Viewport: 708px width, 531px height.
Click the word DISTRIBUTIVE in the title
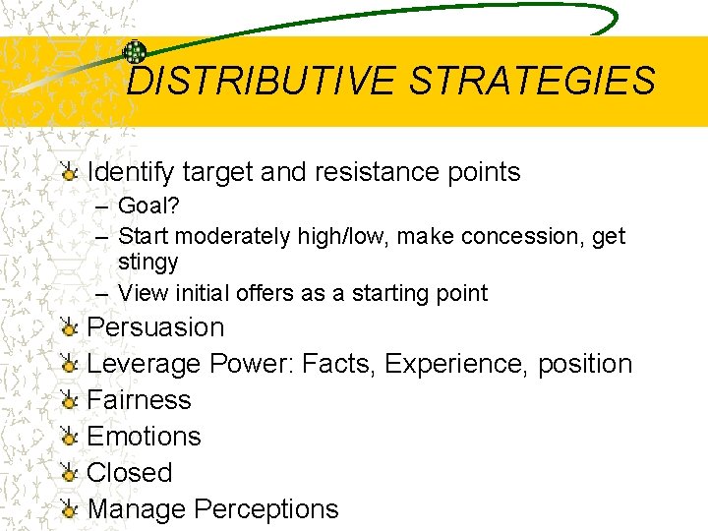(x=262, y=81)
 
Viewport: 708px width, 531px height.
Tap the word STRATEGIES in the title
(x=532, y=81)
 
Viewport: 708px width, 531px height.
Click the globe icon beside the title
(x=135, y=53)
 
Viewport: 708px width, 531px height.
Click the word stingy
(x=147, y=263)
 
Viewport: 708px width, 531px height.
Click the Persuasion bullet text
(x=155, y=327)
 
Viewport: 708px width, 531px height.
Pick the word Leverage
(x=145, y=364)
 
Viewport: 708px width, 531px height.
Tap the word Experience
(x=456, y=364)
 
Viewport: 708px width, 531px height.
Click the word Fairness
(x=139, y=400)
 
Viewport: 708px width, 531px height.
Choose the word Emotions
(x=144, y=437)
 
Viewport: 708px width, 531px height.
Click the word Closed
(x=129, y=473)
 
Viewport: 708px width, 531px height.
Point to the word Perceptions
(x=265, y=509)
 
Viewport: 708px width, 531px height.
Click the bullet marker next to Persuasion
(x=69, y=328)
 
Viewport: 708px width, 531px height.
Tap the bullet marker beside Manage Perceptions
(x=69, y=510)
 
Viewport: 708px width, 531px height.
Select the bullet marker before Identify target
(x=69, y=173)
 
